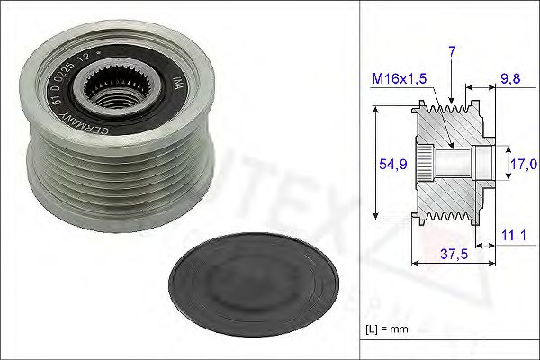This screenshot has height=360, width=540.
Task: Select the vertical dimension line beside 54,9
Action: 373,164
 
